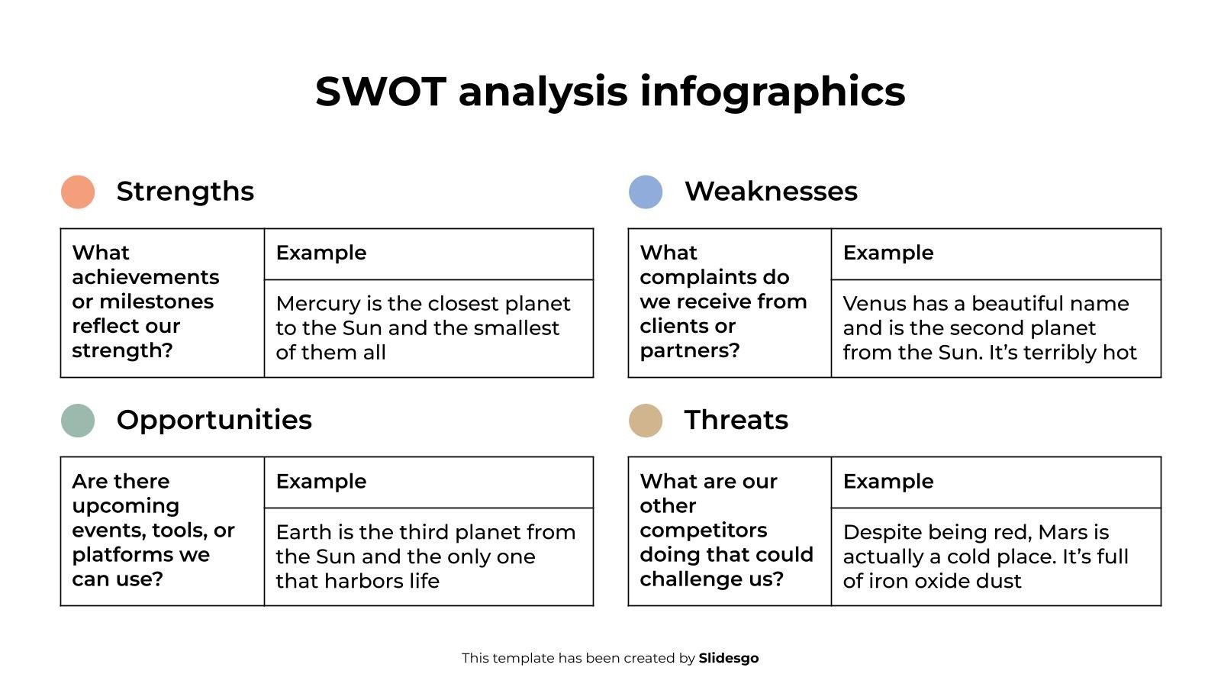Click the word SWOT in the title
[x=380, y=92]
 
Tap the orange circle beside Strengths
[x=78, y=192]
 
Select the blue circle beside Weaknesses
[x=646, y=192]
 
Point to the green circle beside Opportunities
[x=78, y=421]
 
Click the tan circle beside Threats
[x=646, y=421]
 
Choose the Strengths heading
[x=185, y=192]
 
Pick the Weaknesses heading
[x=771, y=192]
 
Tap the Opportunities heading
[x=214, y=421]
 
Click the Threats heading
[x=736, y=421]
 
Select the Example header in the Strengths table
[x=321, y=253]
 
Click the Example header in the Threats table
[x=888, y=482]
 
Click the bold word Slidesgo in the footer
[x=729, y=658]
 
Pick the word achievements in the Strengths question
[x=146, y=277]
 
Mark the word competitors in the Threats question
[x=704, y=531]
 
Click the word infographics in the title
[x=772, y=92]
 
